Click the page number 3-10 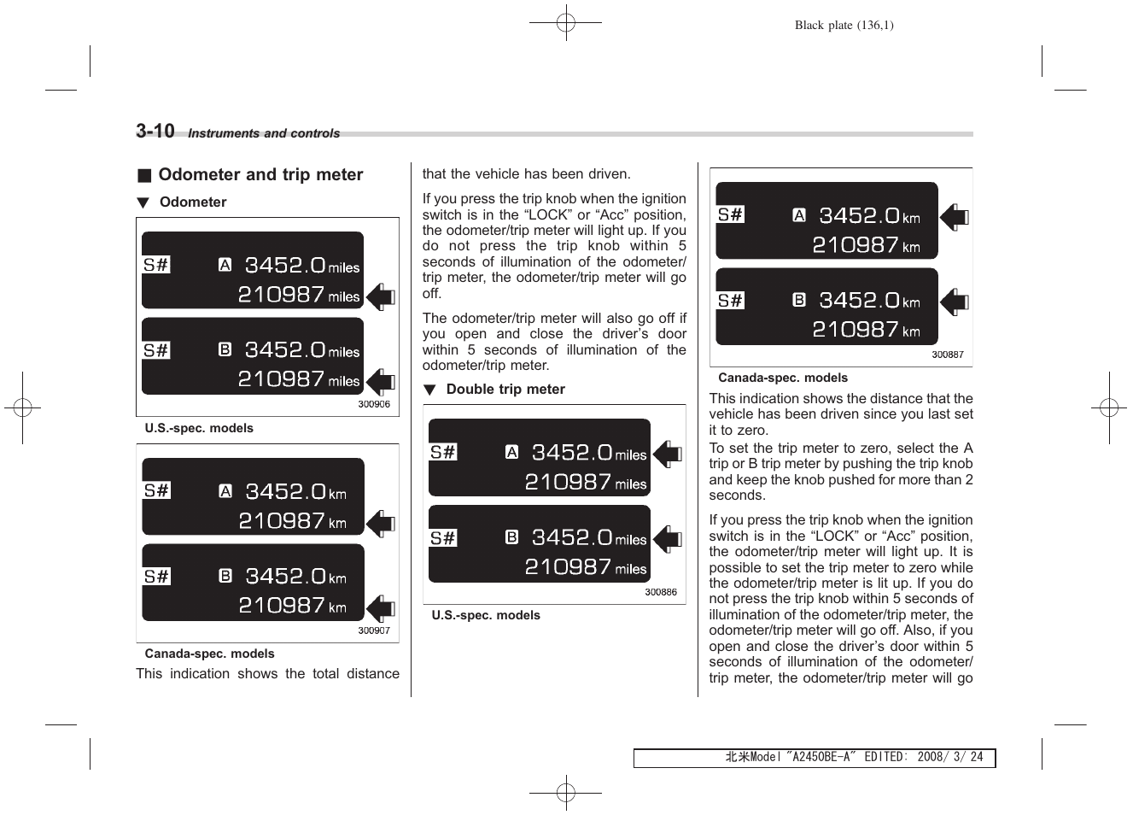(155, 131)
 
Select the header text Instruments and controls (263, 133)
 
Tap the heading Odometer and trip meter (260, 175)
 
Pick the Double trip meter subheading (505, 390)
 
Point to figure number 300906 (374, 404)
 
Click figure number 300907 (374, 630)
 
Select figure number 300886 (661, 592)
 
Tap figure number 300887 (948, 355)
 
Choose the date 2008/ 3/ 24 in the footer (949, 757)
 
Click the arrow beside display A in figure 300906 (382, 296)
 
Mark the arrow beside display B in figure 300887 (955, 302)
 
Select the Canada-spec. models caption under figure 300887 (783, 378)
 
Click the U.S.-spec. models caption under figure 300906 (199, 428)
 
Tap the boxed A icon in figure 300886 (511, 452)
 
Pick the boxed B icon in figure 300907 (225, 576)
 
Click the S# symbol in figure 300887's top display (730, 214)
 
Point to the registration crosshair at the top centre (565, 23)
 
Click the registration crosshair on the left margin (22, 407)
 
